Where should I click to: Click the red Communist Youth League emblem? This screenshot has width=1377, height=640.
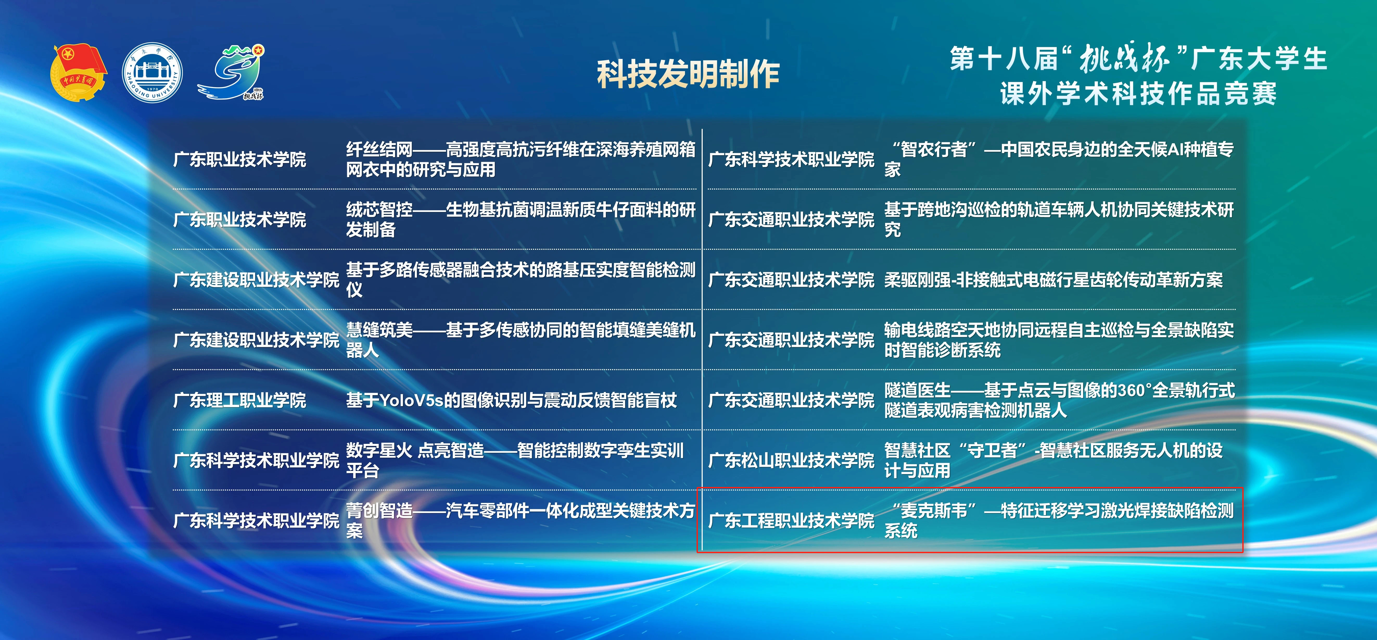(x=79, y=73)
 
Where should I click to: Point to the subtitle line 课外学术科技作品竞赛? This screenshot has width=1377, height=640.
(x=1139, y=94)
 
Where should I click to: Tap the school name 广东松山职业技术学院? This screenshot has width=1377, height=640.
(x=791, y=460)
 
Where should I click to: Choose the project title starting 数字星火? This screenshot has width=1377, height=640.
(x=515, y=460)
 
